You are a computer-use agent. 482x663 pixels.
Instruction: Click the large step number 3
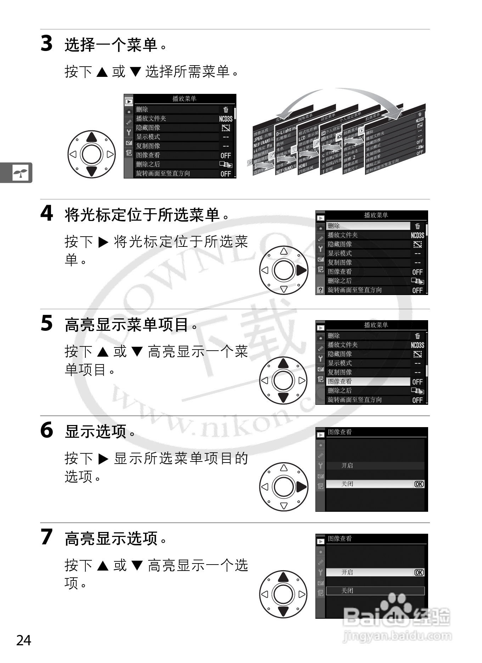(46, 44)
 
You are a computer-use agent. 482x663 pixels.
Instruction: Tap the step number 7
(46, 537)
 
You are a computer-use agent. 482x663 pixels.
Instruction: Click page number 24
(24, 640)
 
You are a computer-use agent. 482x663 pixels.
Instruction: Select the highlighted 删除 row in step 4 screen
(368, 226)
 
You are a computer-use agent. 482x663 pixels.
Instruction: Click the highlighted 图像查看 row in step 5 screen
(368, 381)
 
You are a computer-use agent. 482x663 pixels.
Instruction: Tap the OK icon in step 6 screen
(419, 484)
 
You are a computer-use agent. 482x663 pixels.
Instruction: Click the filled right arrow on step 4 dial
(301, 271)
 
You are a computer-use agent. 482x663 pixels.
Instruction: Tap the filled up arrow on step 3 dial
(92, 137)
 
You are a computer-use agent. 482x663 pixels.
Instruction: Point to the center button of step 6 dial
(284, 487)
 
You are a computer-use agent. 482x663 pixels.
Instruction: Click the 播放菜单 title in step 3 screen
(184, 98)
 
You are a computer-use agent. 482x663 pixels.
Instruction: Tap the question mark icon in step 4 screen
(320, 290)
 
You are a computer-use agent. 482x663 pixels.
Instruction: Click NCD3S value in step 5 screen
(417, 345)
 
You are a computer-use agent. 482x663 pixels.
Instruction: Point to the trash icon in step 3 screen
(226, 110)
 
